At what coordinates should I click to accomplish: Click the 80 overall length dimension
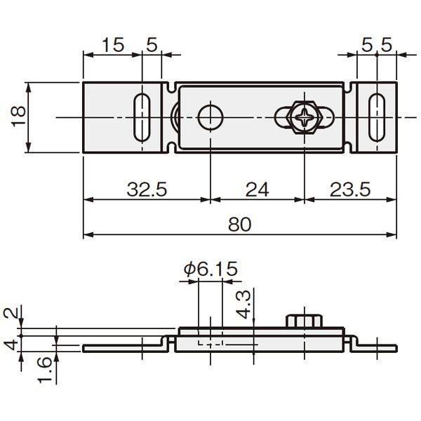[239, 225]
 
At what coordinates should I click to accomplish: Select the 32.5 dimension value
[147, 189]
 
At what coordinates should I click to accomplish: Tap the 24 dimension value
[257, 189]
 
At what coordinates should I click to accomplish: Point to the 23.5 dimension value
[350, 189]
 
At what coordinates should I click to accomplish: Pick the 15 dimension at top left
[113, 45]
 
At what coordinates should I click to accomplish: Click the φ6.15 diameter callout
[210, 269]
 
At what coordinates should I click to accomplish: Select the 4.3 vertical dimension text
[243, 305]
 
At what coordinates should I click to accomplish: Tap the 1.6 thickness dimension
[44, 370]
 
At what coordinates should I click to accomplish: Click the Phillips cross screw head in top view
[305, 118]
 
